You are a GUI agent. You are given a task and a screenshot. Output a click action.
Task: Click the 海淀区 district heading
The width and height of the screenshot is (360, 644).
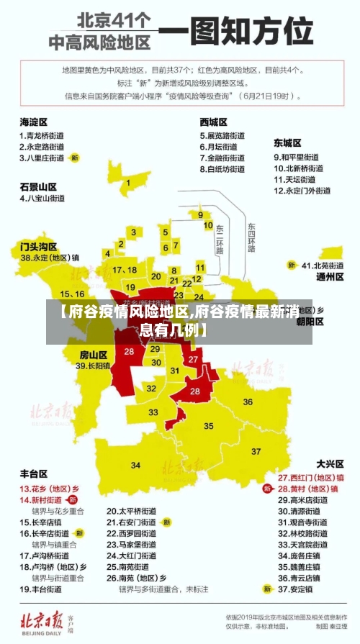[33, 122]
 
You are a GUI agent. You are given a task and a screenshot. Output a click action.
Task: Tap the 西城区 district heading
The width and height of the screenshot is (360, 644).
[214, 122]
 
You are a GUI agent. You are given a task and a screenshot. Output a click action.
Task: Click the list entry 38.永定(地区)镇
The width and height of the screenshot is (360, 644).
[50, 257]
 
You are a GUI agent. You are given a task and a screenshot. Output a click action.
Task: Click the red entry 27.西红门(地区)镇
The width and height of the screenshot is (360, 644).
[310, 477]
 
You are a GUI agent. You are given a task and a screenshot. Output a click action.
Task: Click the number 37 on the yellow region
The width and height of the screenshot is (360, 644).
[256, 451]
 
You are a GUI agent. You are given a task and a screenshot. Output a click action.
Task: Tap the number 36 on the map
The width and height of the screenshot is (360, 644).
[248, 402]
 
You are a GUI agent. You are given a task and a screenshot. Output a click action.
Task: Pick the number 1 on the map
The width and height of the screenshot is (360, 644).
[128, 183]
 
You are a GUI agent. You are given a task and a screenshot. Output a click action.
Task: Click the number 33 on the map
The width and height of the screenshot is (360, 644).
[153, 412]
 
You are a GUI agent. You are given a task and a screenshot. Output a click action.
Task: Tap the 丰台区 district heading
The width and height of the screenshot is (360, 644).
[33, 473]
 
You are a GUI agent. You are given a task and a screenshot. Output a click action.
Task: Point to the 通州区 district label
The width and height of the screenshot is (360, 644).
[330, 276]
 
